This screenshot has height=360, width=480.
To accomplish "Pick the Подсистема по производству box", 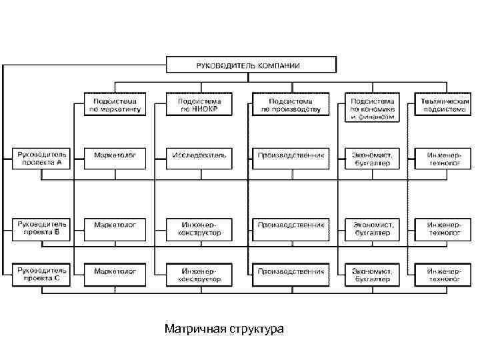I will click(291, 105).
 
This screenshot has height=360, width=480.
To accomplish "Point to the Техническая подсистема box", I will click(443, 105).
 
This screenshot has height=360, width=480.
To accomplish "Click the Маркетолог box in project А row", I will click(115, 155).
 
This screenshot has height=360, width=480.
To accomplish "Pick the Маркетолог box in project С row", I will click(115, 271).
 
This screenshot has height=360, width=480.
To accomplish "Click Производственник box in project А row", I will click(291, 155).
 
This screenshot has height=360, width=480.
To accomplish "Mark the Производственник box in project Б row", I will click(291, 225).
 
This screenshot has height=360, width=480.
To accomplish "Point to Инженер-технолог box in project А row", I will click(443, 158).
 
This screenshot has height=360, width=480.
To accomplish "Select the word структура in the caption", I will click(257, 329).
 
